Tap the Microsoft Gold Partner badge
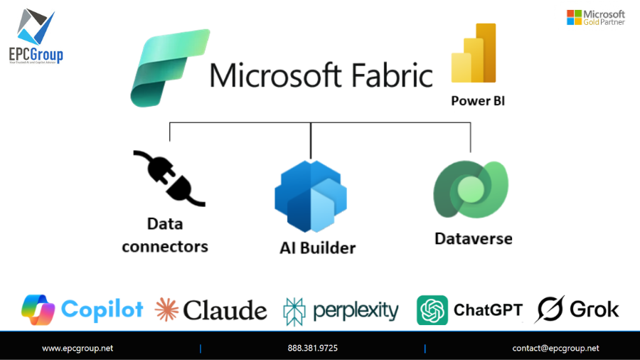595,17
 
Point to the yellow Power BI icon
474,55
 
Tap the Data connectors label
165,235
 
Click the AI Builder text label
317,248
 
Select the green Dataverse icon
470,191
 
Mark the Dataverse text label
473,238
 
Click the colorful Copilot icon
39,309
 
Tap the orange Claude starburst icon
167,309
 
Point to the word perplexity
356,310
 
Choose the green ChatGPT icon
432,310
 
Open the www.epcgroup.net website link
78,348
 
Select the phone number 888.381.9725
312,348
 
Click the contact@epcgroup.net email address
555,348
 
